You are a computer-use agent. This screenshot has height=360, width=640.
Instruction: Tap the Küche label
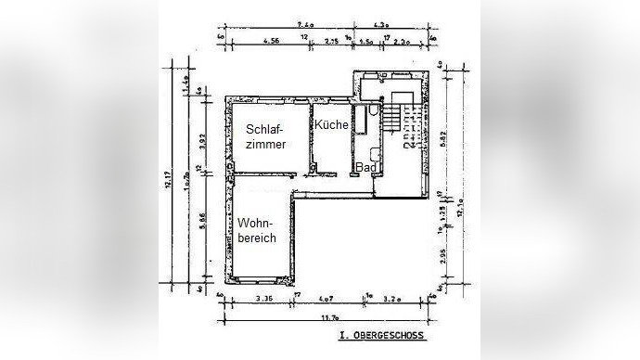(331, 125)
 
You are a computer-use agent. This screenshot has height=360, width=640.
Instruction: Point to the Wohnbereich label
(257, 231)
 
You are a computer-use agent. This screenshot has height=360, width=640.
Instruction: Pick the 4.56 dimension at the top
(272, 42)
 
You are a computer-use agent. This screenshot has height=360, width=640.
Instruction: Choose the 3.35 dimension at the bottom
(265, 299)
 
